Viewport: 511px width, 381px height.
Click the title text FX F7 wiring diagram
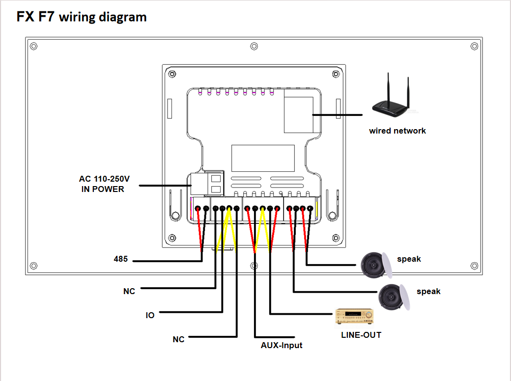pos(82,17)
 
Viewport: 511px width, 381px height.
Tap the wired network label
pos(397,131)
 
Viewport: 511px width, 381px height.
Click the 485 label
pos(121,259)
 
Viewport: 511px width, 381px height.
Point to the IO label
pos(150,315)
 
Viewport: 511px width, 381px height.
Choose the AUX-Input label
pos(282,345)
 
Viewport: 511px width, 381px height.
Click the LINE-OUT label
pos(361,335)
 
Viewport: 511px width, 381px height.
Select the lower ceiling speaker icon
pos(395,297)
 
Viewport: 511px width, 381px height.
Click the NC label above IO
pos(129,291)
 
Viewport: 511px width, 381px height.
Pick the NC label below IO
pos(178,339)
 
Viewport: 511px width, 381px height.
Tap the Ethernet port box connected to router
pos(299,114)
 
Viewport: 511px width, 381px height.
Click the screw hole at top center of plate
pos(254,46)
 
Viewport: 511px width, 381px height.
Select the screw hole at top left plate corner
pos(33,46)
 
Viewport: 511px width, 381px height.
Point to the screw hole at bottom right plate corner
pos(474,266)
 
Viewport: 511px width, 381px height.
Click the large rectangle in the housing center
pos(263,158)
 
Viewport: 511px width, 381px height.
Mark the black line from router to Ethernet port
pos(338,114)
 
